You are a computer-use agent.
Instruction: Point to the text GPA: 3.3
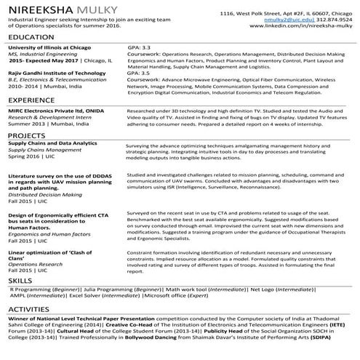click(139, 47)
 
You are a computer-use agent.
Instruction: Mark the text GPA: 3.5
click(139, 73)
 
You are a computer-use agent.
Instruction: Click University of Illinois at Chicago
click(49, 47)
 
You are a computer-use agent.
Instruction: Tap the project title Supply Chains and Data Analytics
click(52, 144)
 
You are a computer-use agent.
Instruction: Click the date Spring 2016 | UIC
click(31, 156)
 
